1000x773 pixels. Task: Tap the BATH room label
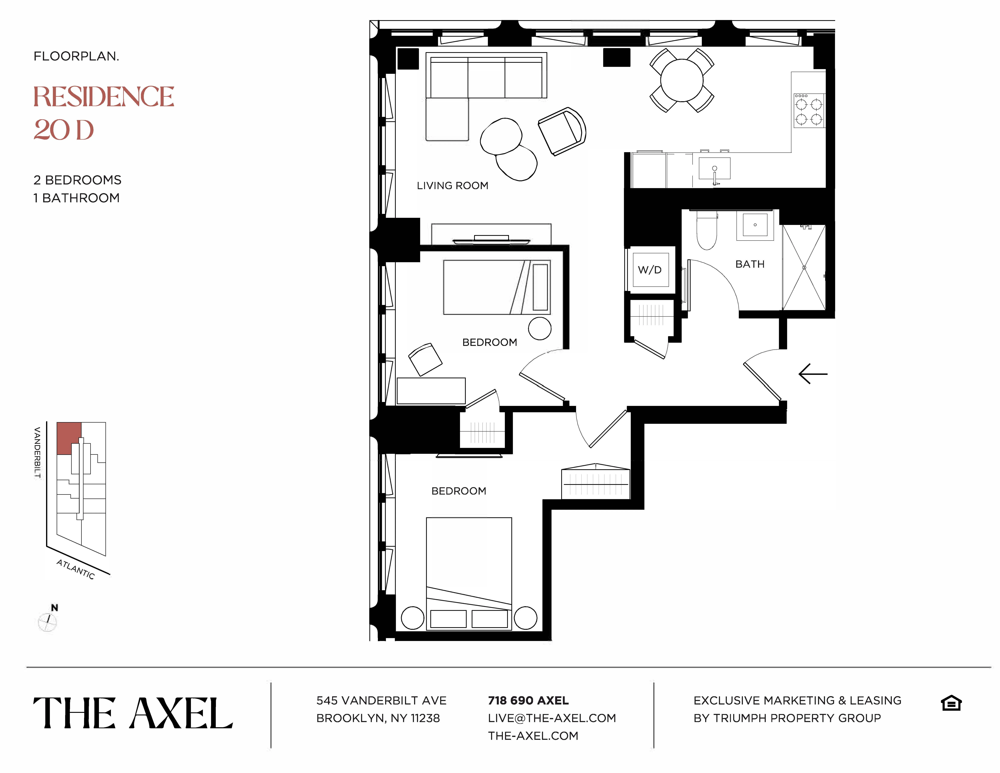[750, 264]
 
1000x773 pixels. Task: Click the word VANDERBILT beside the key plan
[38, 452]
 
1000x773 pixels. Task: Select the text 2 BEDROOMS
[77, 180]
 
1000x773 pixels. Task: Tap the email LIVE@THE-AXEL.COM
[552, 718]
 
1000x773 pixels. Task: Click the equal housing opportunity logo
[951, 703]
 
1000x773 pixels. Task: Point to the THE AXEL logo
[133, 713]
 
